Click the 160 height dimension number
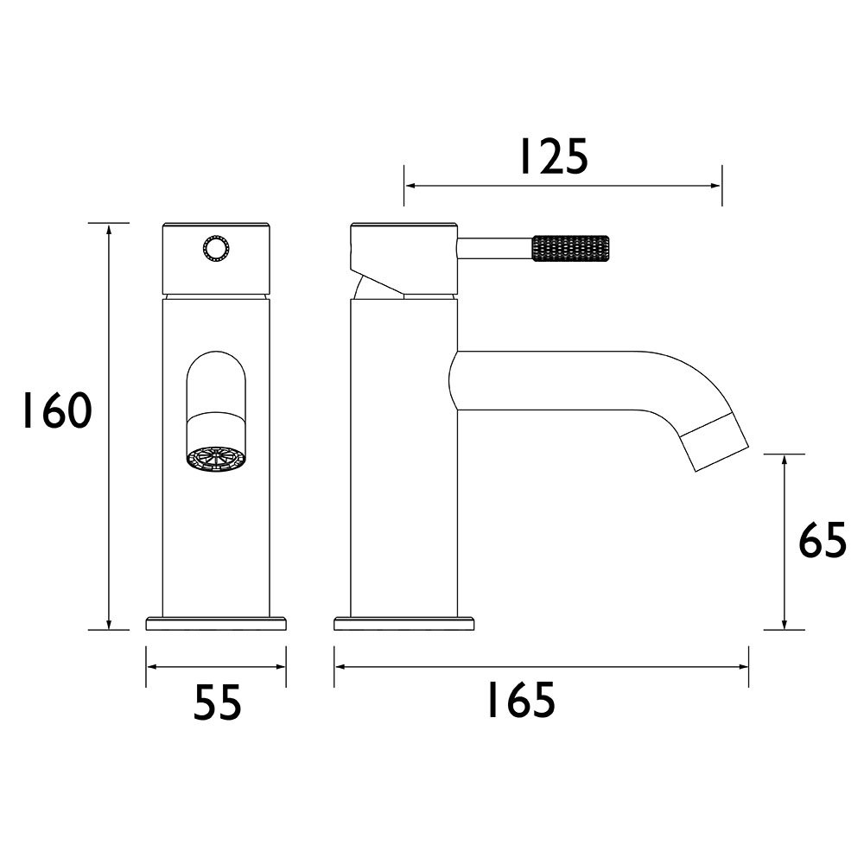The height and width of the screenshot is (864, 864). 55,412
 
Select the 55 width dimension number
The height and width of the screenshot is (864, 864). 216,702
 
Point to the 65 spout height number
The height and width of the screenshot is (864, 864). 822,543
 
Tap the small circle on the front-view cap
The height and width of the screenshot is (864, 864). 216,250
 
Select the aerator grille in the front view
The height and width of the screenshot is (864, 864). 215,457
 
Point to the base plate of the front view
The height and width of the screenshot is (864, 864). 216,623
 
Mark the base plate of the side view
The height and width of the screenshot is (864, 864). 404,623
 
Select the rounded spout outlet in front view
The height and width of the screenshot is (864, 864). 215,389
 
